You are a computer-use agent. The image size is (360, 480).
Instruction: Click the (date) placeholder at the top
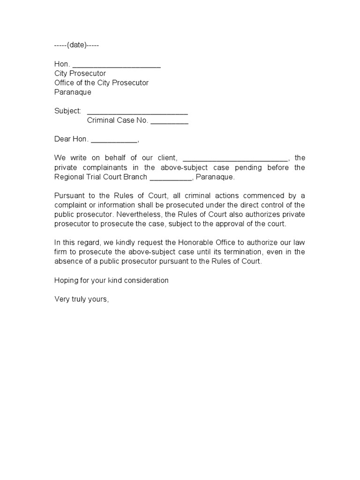click(77, 45)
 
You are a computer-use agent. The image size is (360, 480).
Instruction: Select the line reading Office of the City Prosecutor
click(101, 83)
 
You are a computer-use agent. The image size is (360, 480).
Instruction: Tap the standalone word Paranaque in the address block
click(73, 92)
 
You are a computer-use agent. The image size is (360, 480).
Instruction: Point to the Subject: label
click(68, 111)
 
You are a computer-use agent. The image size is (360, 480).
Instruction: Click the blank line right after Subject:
click(137, 112)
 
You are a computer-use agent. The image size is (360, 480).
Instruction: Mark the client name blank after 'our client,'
click(234, 158)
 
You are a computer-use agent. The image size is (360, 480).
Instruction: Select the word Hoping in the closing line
click(67, 280)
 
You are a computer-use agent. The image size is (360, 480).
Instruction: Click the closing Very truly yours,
click(82, 299)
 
